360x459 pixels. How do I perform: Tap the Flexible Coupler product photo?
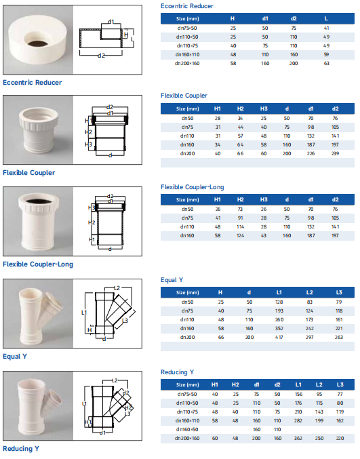point(37,129)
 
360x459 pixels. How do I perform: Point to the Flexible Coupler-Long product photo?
point(37,221)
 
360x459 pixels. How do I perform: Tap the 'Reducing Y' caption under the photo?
point(21,448)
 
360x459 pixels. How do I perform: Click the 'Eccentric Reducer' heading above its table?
point(187,6)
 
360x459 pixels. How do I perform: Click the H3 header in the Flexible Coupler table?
point(264,108)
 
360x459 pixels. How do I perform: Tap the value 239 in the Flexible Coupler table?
point(335,153)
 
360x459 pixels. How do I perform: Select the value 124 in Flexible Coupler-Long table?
point(240,235)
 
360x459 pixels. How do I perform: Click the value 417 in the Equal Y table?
point(279,337)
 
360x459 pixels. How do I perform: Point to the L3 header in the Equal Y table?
point(339,292)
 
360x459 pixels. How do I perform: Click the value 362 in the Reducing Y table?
point(298,438)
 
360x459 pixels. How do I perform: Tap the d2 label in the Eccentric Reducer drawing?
point(101,55)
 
